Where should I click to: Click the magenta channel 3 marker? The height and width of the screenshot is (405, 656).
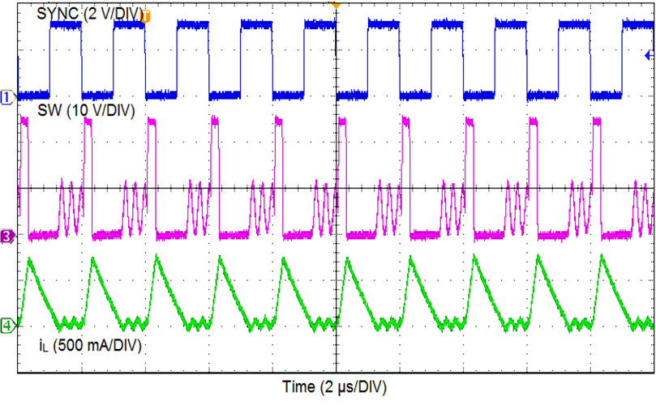(7, 237)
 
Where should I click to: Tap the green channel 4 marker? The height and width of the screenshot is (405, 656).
(7, 326)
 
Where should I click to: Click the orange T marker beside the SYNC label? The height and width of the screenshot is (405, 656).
(148, 15)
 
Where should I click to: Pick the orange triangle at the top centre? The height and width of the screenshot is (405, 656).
(335, 4)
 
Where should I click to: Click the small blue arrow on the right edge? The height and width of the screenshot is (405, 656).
(648, 55)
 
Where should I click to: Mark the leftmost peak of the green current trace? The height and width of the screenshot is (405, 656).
(29, 259)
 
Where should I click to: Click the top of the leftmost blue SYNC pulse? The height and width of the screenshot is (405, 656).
(65, 26)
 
